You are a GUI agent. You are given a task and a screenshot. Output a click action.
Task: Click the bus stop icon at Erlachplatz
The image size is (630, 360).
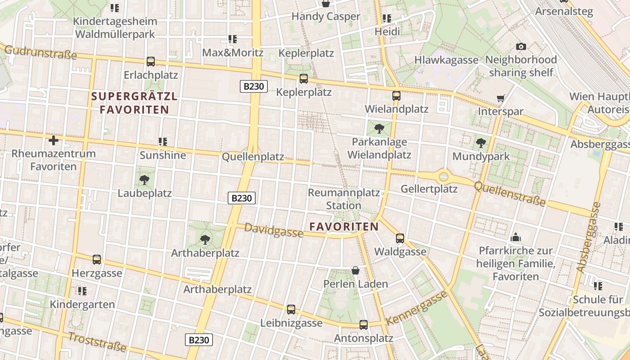pyautogui.click(x=151, y=62)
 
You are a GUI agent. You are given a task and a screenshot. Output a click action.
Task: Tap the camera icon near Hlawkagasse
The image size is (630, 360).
pyautogui.click(x=521, y=46)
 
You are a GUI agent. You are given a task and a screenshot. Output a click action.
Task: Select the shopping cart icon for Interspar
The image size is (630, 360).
pyautogui.click(x=500, y=98)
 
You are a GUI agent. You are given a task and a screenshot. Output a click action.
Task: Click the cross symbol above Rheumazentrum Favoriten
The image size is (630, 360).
pyautogui.click(x=54, y=140)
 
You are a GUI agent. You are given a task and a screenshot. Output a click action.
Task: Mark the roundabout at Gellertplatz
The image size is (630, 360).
pyautogui.click(x=444, y=176)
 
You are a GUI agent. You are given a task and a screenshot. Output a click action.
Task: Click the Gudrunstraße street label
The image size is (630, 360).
pyautogui.click(x=40, y=52)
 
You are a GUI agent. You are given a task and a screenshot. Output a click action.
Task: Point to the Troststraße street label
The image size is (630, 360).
pyautogui.click(x=97, y=342)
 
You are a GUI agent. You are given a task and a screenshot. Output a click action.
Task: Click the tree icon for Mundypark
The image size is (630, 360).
pyautogui.click(x=481, y=144)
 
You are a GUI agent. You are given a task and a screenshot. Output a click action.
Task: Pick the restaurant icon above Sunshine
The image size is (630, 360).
pyautogui.click(x=163, y=142)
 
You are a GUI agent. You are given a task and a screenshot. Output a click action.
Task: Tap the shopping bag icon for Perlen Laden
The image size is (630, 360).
pyautogui.click(x=355, y=270)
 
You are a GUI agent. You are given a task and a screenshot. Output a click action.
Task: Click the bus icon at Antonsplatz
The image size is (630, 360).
pyautogui.click(x=364, y=324)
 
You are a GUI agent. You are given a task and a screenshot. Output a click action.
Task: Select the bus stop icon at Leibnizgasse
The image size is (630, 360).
pyautogui.click(x=291, y=310)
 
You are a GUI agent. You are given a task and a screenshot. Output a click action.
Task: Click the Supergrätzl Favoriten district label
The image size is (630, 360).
pyautogui.click(x=135, y=103)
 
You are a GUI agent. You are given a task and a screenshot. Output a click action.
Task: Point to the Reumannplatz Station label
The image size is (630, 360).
pyautogui.click(x=344, y=199)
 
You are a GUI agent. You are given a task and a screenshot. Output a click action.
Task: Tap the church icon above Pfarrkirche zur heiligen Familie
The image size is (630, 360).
pyautogui.click(x=516, y=237)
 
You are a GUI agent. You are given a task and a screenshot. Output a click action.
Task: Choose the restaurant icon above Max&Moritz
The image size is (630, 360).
pyautogui.click(x=233, y=39)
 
